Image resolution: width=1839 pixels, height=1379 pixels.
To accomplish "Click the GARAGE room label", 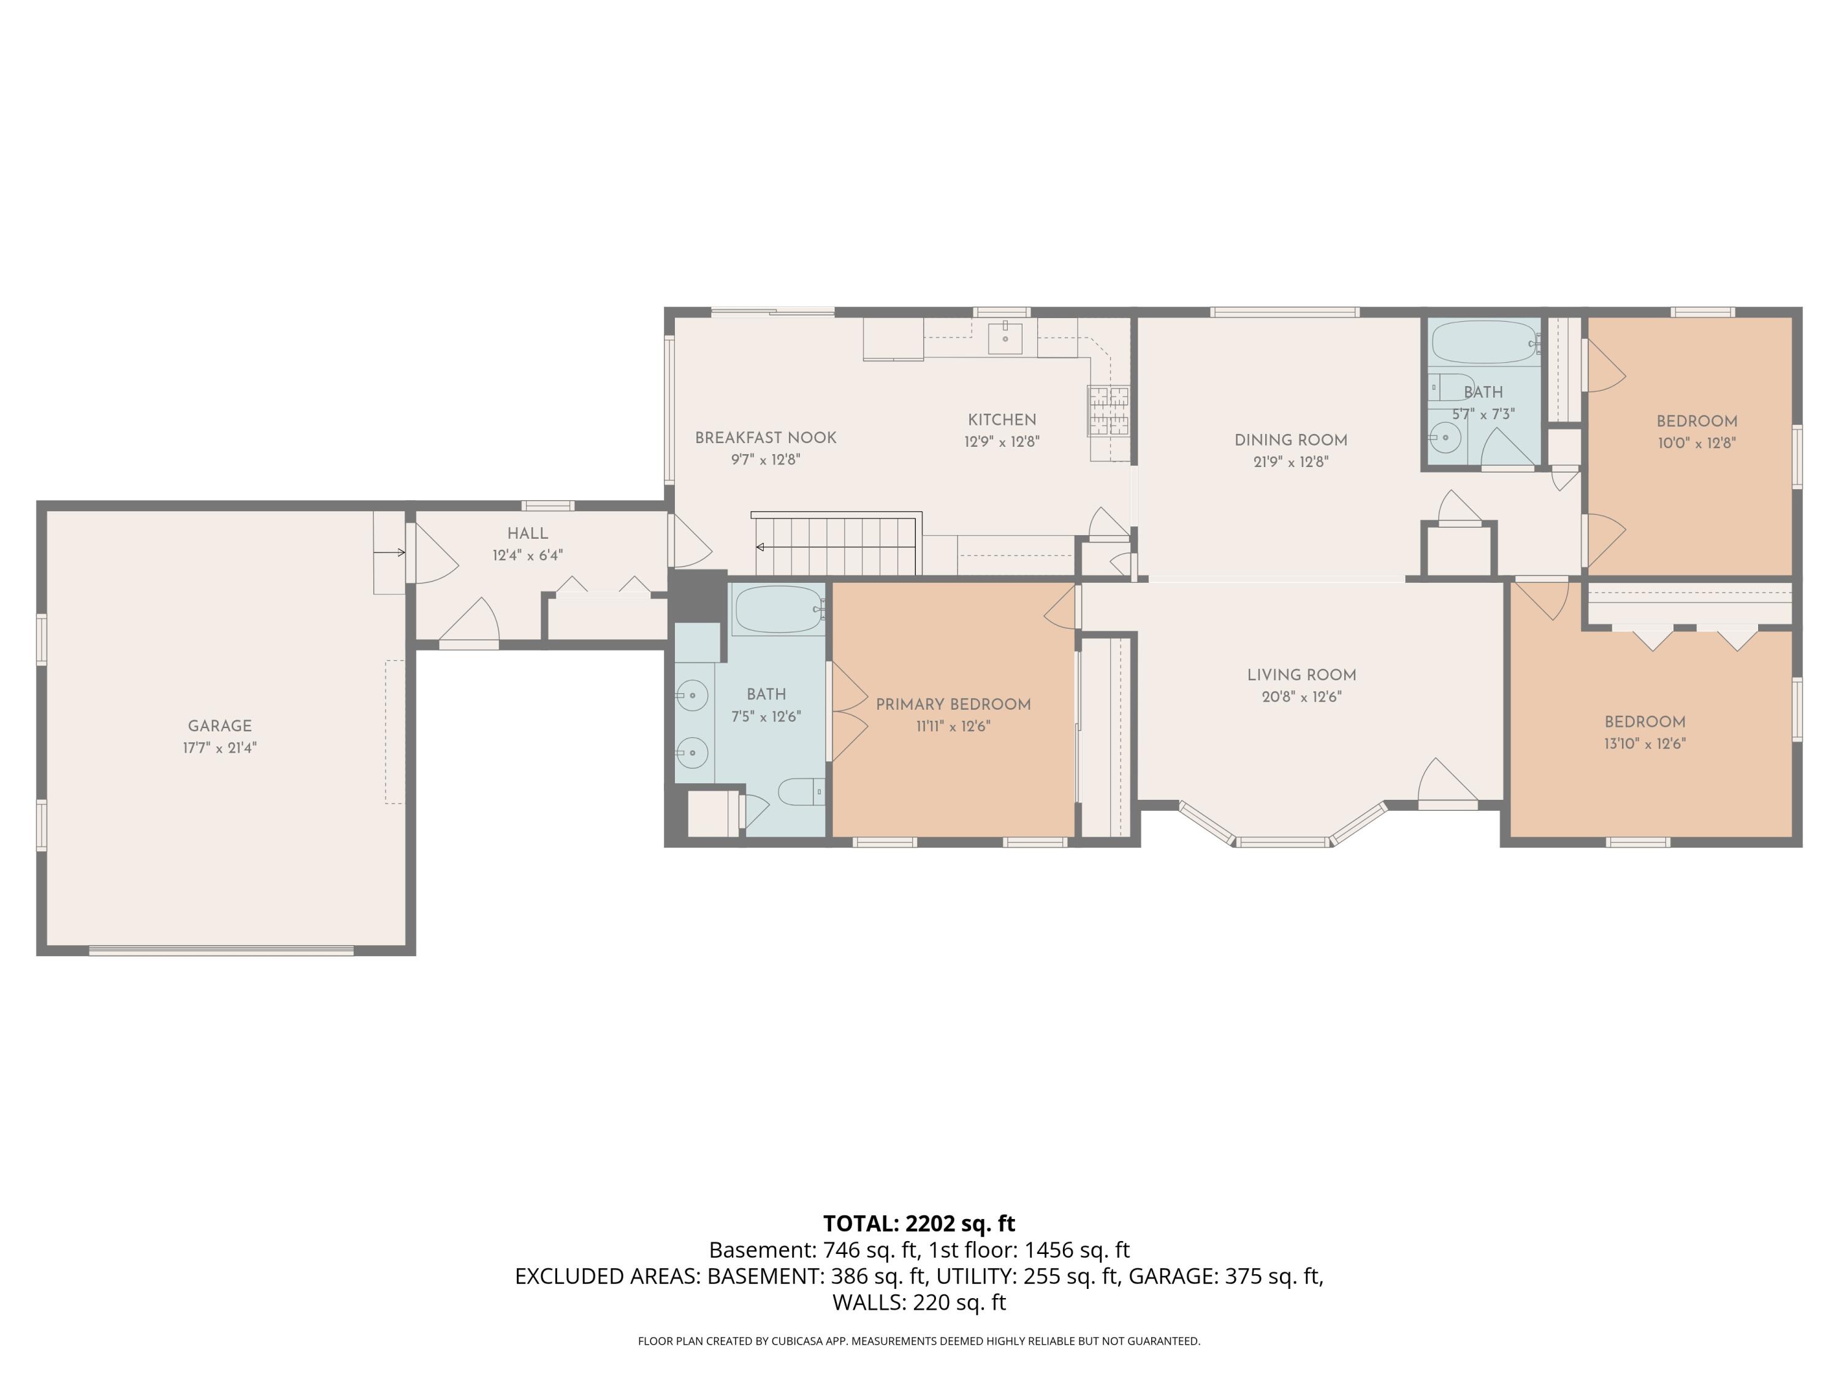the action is pyautogui.click(x=219, y=726).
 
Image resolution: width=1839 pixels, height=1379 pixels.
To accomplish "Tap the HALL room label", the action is pyautogui.click(x=528, y=534).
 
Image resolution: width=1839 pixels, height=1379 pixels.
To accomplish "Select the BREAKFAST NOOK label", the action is pyautogui.click(x=766, y=438).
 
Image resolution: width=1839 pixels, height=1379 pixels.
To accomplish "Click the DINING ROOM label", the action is pyautogui.click(x=1291, y=441).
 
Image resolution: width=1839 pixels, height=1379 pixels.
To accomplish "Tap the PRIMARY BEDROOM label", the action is pyautogui.click(x=954, y=705).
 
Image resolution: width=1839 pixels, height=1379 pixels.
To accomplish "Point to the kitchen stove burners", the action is pyautogui.click(x=1109, y=411).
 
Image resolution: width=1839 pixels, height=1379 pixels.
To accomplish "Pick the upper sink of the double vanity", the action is pyautogui.click(x=691, y=695).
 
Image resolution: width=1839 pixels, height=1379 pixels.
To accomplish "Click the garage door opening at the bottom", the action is pyautogui.click(x=221, y=951).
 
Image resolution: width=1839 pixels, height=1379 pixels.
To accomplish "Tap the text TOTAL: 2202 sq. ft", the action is pyautogui.click(x=919, y=1223).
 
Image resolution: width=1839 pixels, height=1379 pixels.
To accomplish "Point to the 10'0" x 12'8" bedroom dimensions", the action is pyautogui.click(x=1697, y=444).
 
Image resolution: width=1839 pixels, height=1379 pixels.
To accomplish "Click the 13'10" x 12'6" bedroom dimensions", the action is pyautogui.click(x=1645, y=744).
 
